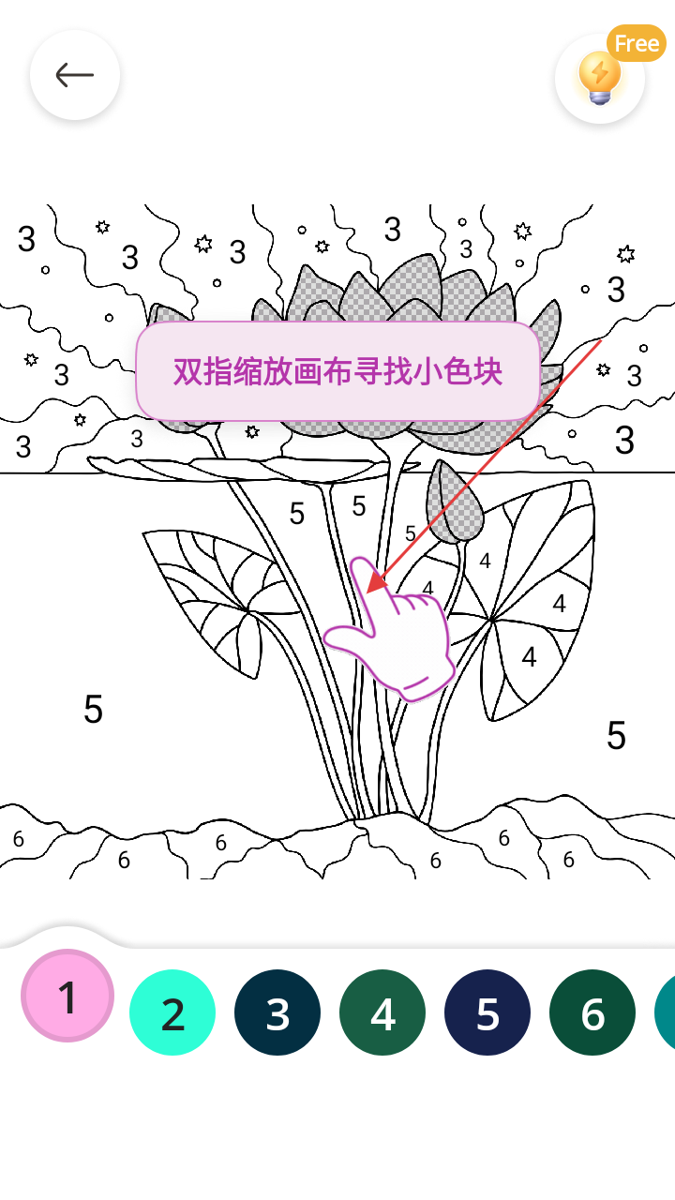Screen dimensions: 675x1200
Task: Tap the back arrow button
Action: point(75,75)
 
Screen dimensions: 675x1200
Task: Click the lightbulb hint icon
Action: point(599,78)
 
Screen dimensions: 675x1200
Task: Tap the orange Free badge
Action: point(637,43)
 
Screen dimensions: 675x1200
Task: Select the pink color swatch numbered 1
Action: point(67,996)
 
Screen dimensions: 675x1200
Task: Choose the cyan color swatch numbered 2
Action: point(172,1012)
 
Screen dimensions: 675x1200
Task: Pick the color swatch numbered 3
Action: point(277,1012)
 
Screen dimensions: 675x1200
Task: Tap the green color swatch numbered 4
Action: point(382,1012)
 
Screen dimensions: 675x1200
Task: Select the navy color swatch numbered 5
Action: point(487,1012)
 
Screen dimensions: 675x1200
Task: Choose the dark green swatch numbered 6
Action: point(592,1012)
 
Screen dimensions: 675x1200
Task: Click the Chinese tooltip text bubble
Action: point(337,371)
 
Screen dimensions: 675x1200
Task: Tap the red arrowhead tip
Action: point(367,593)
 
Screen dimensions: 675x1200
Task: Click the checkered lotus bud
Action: point(455,502)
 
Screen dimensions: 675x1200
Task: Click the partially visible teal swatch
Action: point(666,1012)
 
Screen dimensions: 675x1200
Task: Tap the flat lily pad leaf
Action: point(252,468)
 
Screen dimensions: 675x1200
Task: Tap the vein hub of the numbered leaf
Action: point(492,620)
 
